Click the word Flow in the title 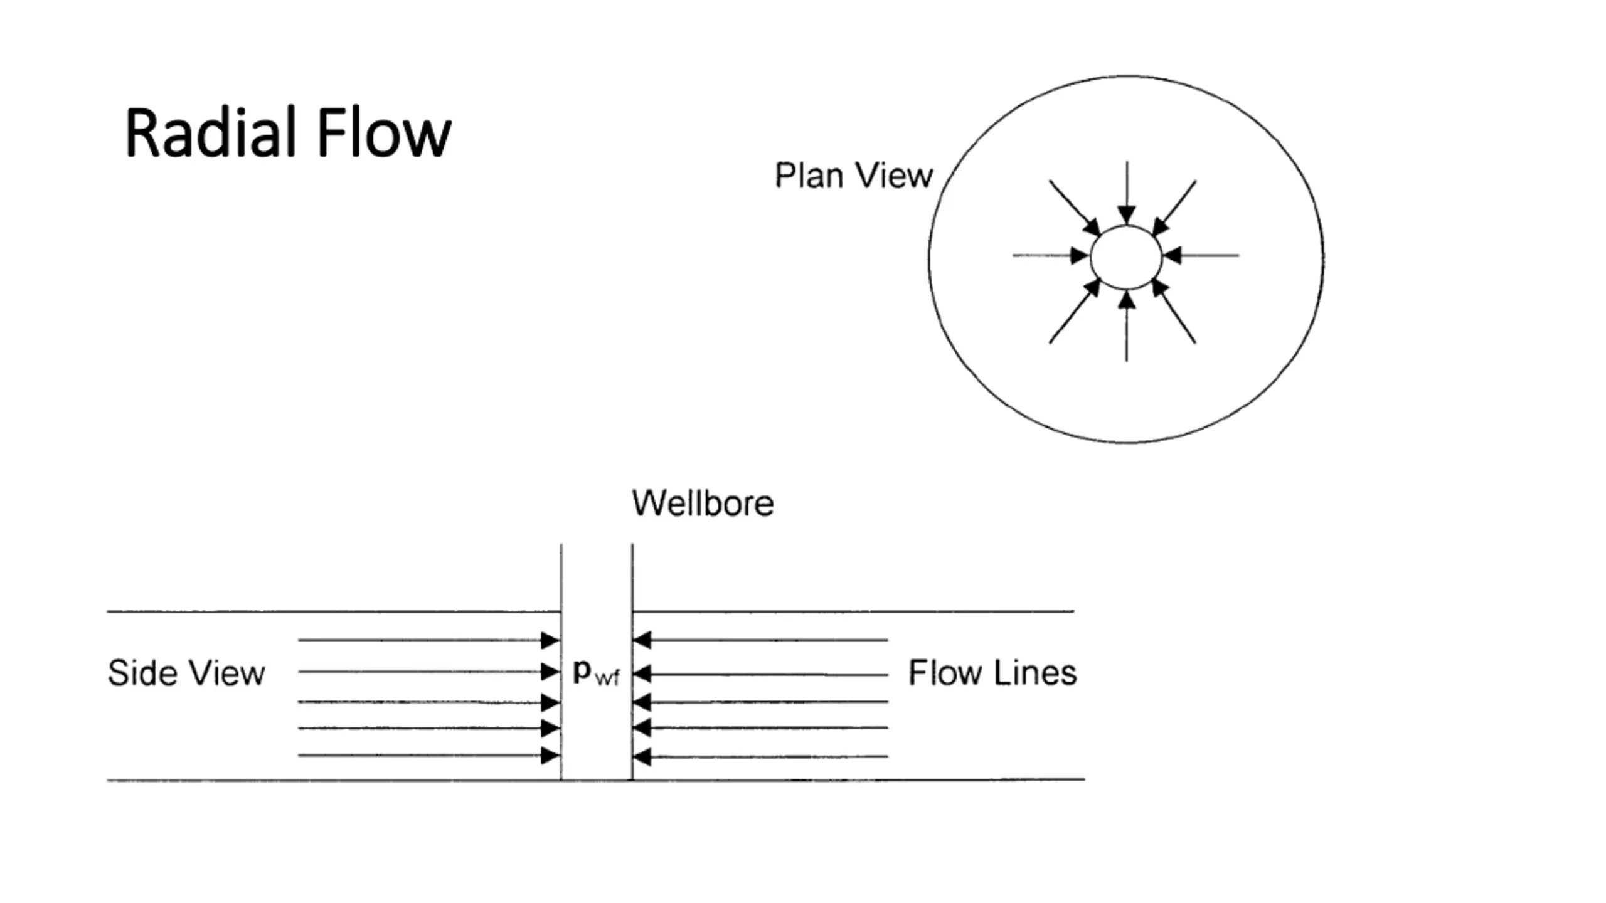coord(384,133)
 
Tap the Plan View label coord(854,175)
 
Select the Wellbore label coord(703,503)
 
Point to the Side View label coord(186,673)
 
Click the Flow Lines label coord(992,673)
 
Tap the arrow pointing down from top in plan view coord(1127,193)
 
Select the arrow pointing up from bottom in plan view coord(1127,326)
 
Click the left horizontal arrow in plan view coord(1051,255)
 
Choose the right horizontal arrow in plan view coord(1201,255)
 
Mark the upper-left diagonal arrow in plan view coord(1075,208)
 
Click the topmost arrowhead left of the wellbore coord(550,640)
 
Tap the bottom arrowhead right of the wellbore coord(642,757)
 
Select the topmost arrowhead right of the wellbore coord(642,640)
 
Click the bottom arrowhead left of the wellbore coord(550,756)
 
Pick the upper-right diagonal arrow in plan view coord(1174,208)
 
